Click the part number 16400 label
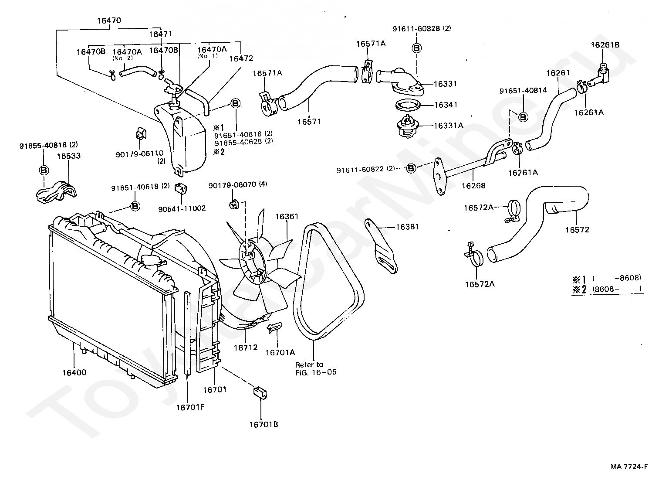[x=74, y=372]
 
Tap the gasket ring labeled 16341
[x=408, y=106]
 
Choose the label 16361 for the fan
[x=287, y=216]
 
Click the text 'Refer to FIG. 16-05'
[x=315, y=368]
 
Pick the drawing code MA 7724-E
[x=628, y=467]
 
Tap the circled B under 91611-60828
[x=416, y=48]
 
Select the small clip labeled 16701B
[x=260, y=392]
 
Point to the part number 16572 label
[x=577, y=229]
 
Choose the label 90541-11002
[x=182, y=208]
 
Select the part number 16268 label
[x=473, y=185]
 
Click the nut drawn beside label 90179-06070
[x=234, y=203]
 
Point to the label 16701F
[x=190, y=408]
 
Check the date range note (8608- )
[x=617, y=288]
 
